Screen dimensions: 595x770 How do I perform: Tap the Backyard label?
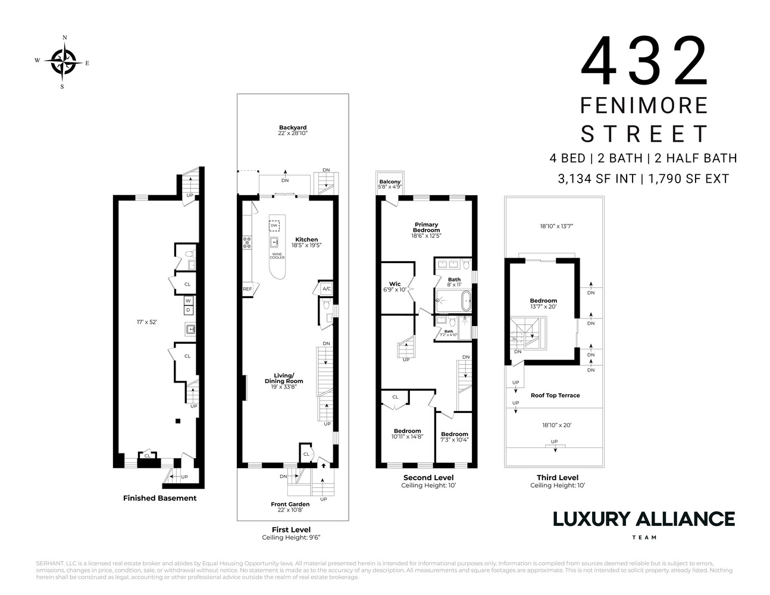pyautogui.click(x=293, y=128)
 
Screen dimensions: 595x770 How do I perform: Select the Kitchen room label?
pyautogui.click(x=306, y=240)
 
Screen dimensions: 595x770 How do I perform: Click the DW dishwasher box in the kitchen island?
pyautogui.click(x=274, y=226)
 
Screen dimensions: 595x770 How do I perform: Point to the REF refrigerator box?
pyautogui.click(x=247, y=289)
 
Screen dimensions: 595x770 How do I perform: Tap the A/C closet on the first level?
pyautogui.click(x=326, y=289)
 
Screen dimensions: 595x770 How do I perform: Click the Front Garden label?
pyautogui.click(x=290, y=504)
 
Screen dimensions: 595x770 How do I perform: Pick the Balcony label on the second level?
pyautogui.click(x=390, y=182)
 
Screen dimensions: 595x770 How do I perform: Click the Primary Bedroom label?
pyautogui.click(x=427, y=227)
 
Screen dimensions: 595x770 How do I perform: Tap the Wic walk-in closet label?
pyautogui.click(x=395, y=284)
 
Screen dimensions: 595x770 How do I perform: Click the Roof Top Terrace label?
pyautogui.click(x=555, y=395)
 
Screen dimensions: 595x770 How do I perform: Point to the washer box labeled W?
pyautogui.click(x=188, y=300)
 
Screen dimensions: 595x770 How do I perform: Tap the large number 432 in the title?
pyautogui.click(x=644, y=62)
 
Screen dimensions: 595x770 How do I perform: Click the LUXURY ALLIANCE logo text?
pyautogui.click(x=644, y=519)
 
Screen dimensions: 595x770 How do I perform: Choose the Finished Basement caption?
pyautogui.click(x=159, y=498)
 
